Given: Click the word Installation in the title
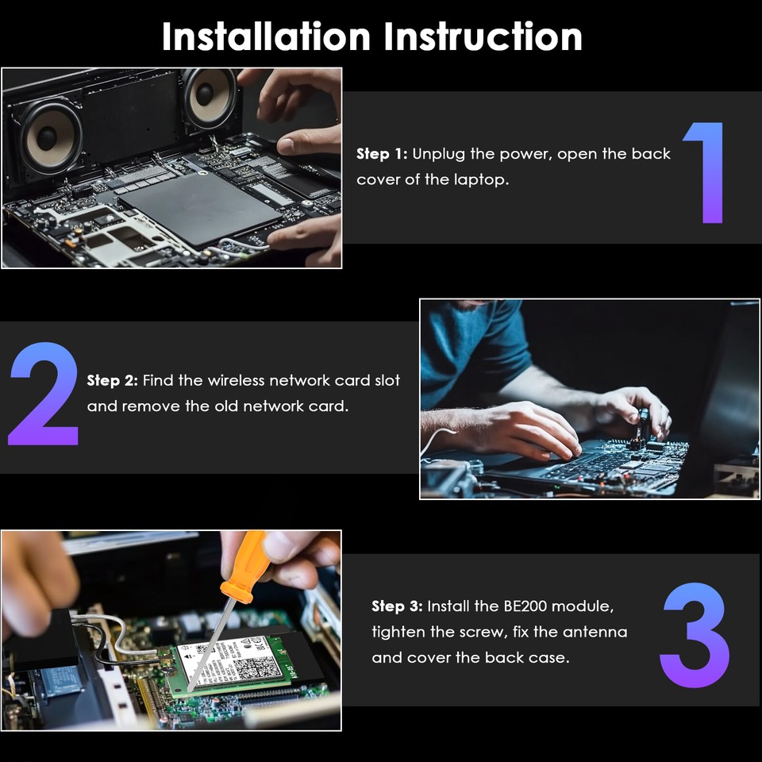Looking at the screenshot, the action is pyautogui.click(x=267, y=37).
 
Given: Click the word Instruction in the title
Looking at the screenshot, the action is pyautogui.click(x=483, y=37).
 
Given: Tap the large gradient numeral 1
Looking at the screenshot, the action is pyautogui.click(x=706, y=172).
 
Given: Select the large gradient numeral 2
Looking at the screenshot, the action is pyautogui.click(x=44, y=394).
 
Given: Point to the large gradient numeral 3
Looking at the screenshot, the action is pyautogui.click(x=695, y=635).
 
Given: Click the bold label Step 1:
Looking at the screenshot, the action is pyautogui.click(x=382, y=154).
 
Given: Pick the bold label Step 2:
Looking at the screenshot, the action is pyautogui.click(x=113, y=380).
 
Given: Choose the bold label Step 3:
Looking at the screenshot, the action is pyautogui.click(x=397, y=606).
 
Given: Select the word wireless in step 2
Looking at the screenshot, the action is pyautogui.click(x=236, y=380).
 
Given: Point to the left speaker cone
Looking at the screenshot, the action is pyautogui.click(x=48, y=137).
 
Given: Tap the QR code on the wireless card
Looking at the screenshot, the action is pyautogui.click(x=251, y=668).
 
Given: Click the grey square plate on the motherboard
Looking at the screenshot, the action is pyautogui.click(x=200, y=209).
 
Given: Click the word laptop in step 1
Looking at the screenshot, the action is pyautogui.click(x=481, y=180).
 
